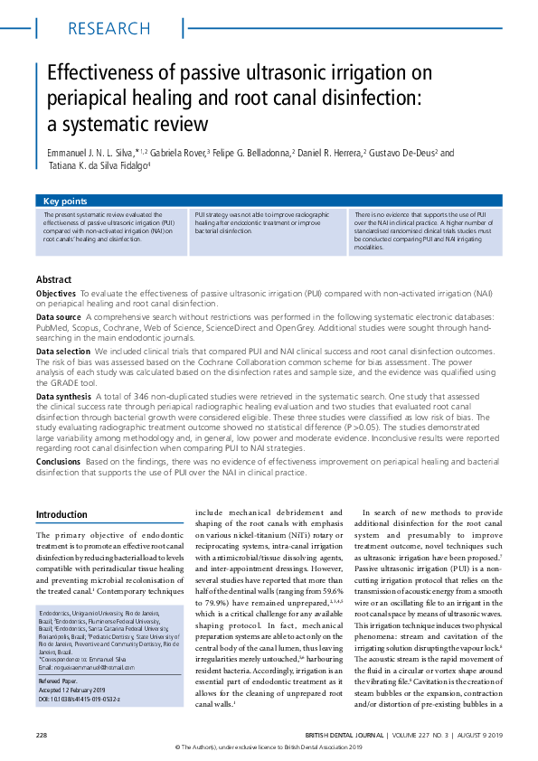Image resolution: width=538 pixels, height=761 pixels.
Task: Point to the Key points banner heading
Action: tap(65, 201)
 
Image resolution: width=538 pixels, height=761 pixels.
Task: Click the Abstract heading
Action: tap(54, 279)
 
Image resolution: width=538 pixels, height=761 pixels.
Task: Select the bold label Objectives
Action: tap(56, 295)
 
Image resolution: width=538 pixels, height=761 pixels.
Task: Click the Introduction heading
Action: tap(61, 514)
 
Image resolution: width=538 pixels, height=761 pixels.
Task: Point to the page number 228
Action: tap(42, 732)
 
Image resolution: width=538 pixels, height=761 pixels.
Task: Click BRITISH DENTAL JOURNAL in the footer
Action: tap(346, 732)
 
